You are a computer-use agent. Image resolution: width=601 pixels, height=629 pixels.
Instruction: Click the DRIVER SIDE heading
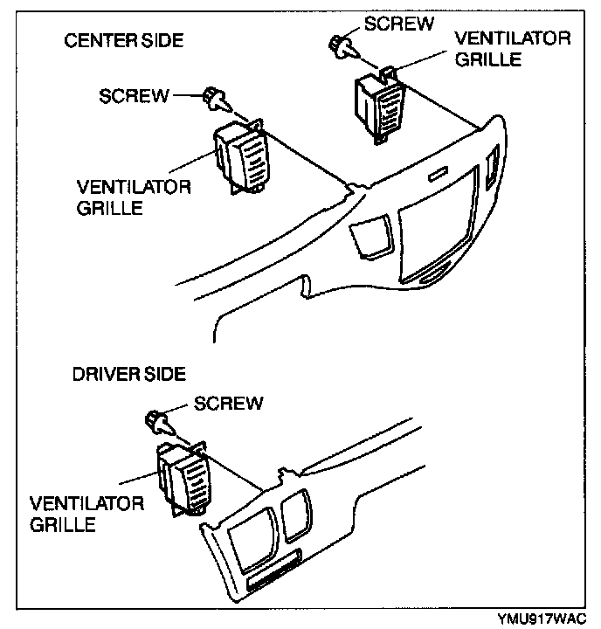tap(128, 374)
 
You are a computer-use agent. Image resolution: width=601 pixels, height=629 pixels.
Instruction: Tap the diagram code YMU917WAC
tap(542, 618)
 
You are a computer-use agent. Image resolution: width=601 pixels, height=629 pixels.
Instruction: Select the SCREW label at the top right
tap(398, 24)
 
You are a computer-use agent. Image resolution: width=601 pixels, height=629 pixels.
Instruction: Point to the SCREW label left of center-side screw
tap(134, 95)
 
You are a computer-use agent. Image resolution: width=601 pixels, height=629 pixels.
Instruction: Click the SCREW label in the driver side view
tap(228, 403)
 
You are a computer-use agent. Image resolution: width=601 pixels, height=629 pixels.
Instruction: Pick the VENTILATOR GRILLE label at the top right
tap(514, 49)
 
